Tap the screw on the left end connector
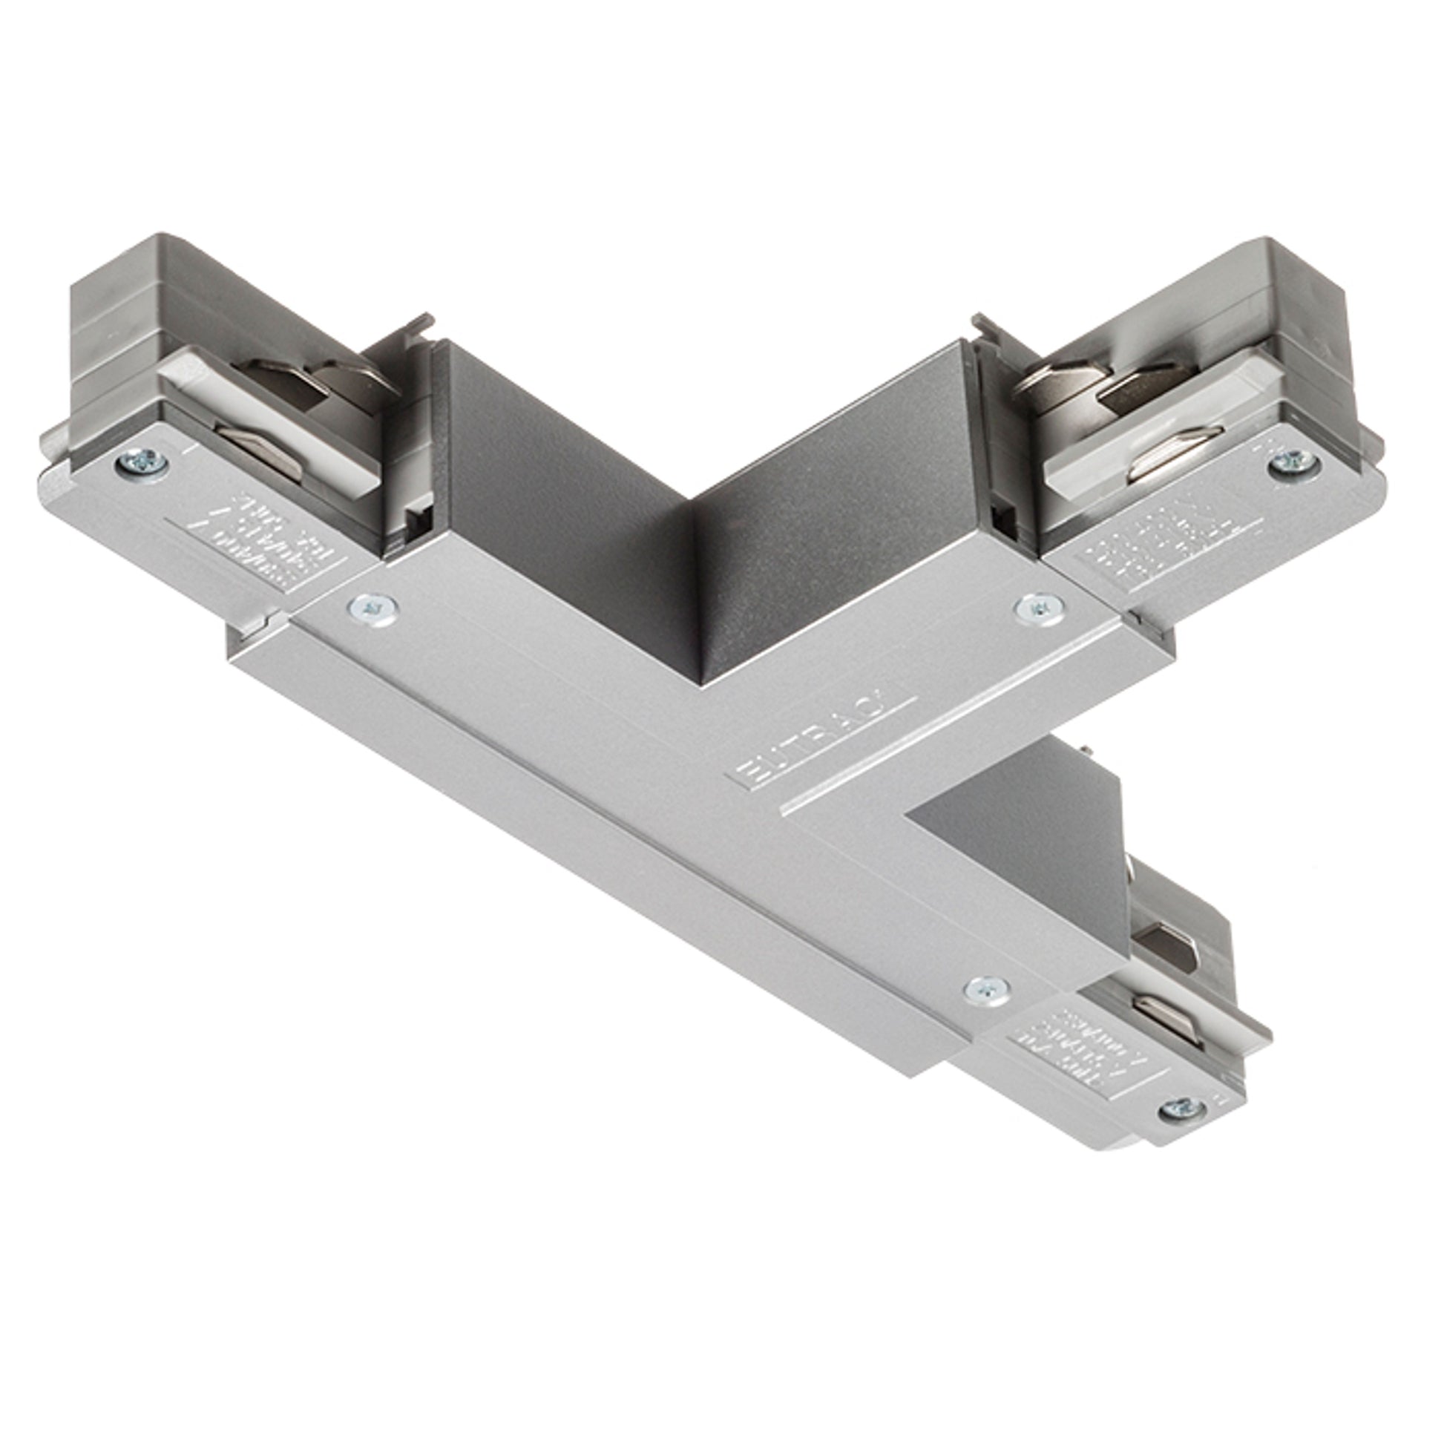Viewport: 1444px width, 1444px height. pyautogui.click(x=142, y=463)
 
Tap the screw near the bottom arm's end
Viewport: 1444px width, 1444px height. pyautogui.click(x=987, y=991)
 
